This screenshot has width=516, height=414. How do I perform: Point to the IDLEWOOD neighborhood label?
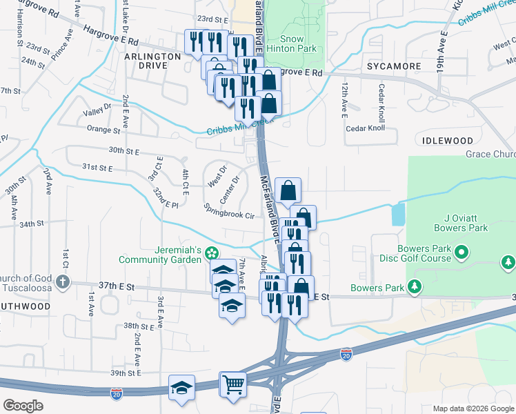pyautogui.click(x=445, y=141)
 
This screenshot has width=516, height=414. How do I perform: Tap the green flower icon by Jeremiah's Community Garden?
pyautogui.click(x=212, y=255)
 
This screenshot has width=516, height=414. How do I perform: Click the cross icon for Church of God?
pyautogui.click(x=63, y=282)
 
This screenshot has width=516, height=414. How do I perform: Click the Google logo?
pyautogui.click(x=23, y=406)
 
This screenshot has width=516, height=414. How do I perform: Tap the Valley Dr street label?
pyautogui.click(x=97, y=110)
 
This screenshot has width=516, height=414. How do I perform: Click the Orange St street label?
pyautogui.click(x=103, y=129)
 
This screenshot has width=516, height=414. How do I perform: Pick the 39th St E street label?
pyautogui.click(x=125, y=373)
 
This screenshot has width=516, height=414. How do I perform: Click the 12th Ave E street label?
pyautogui.click(x=343, y=101)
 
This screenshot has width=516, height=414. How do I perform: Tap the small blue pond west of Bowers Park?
pyautogui.click(x=398, y=215)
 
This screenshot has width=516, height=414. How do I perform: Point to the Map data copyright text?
pyautogui.click(x=473, y=408)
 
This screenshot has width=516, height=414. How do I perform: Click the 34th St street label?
pyautogui.click(x=31, y=224)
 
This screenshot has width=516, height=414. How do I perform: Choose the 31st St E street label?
pyautogui.click(x=97, y=167)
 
